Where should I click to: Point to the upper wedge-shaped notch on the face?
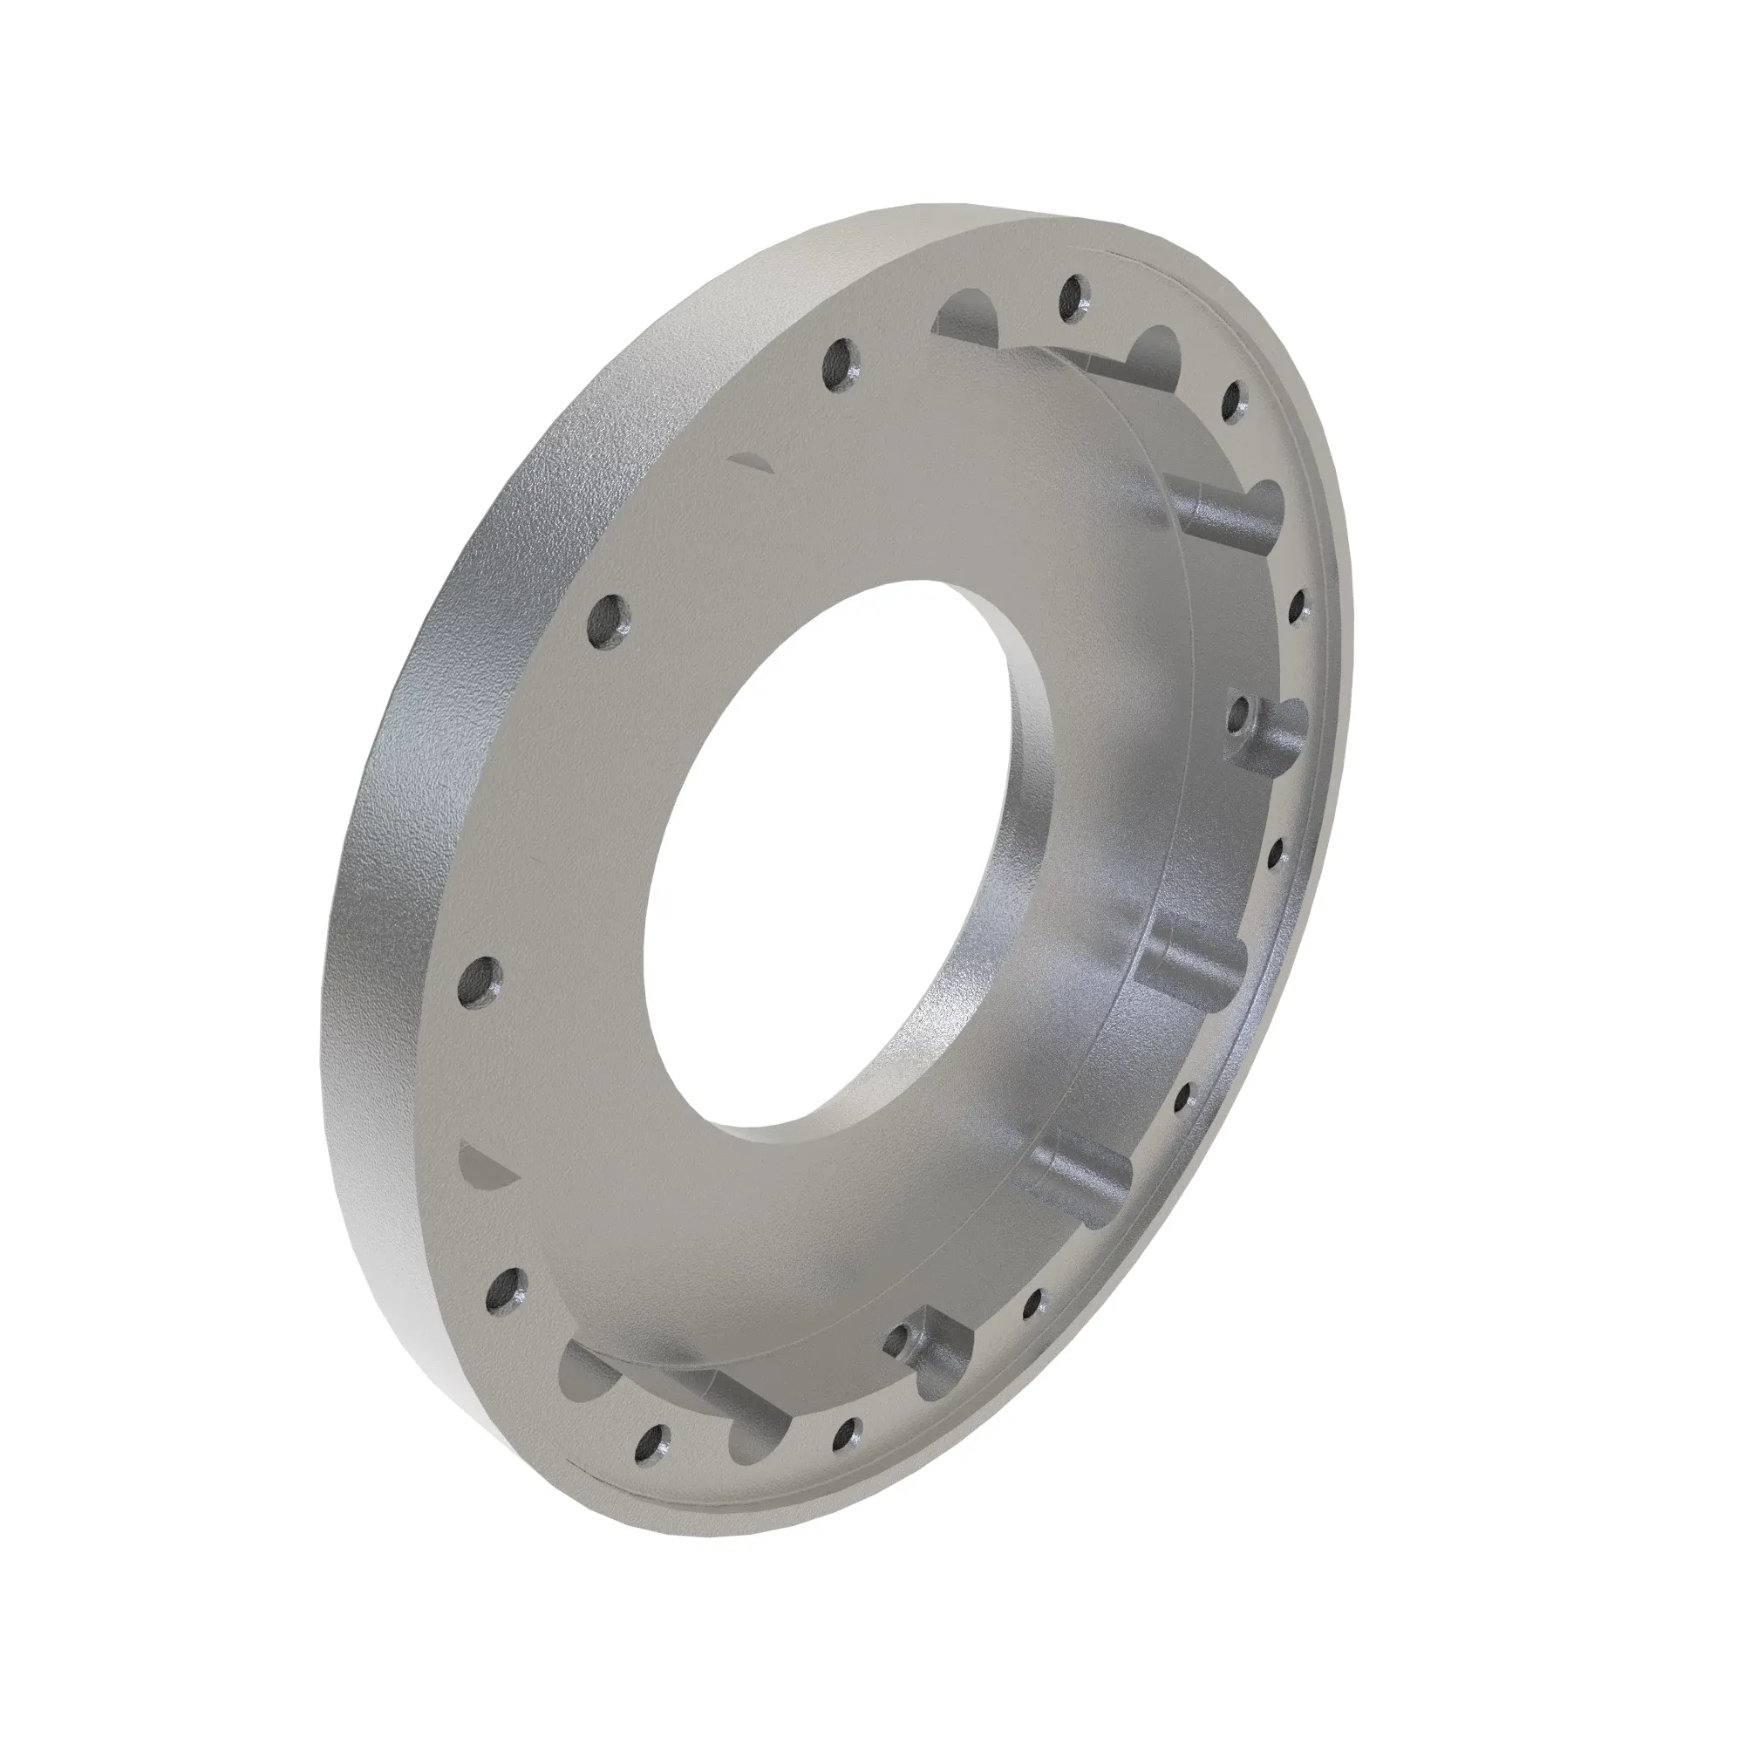click(x=752, y=461)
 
